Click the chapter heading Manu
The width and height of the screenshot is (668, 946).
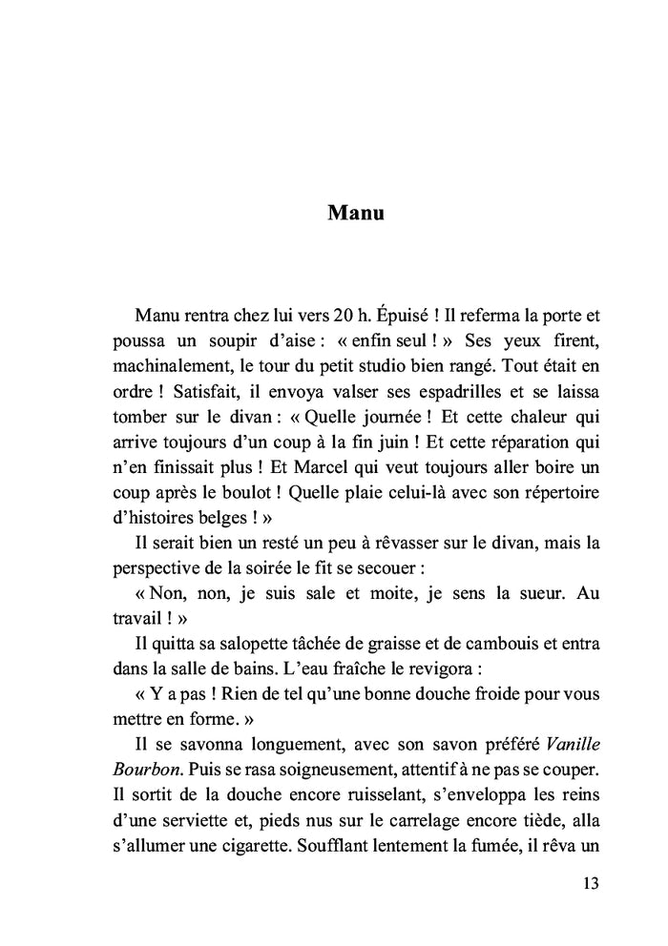point(355,213)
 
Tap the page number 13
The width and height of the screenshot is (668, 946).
point(589,884)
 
